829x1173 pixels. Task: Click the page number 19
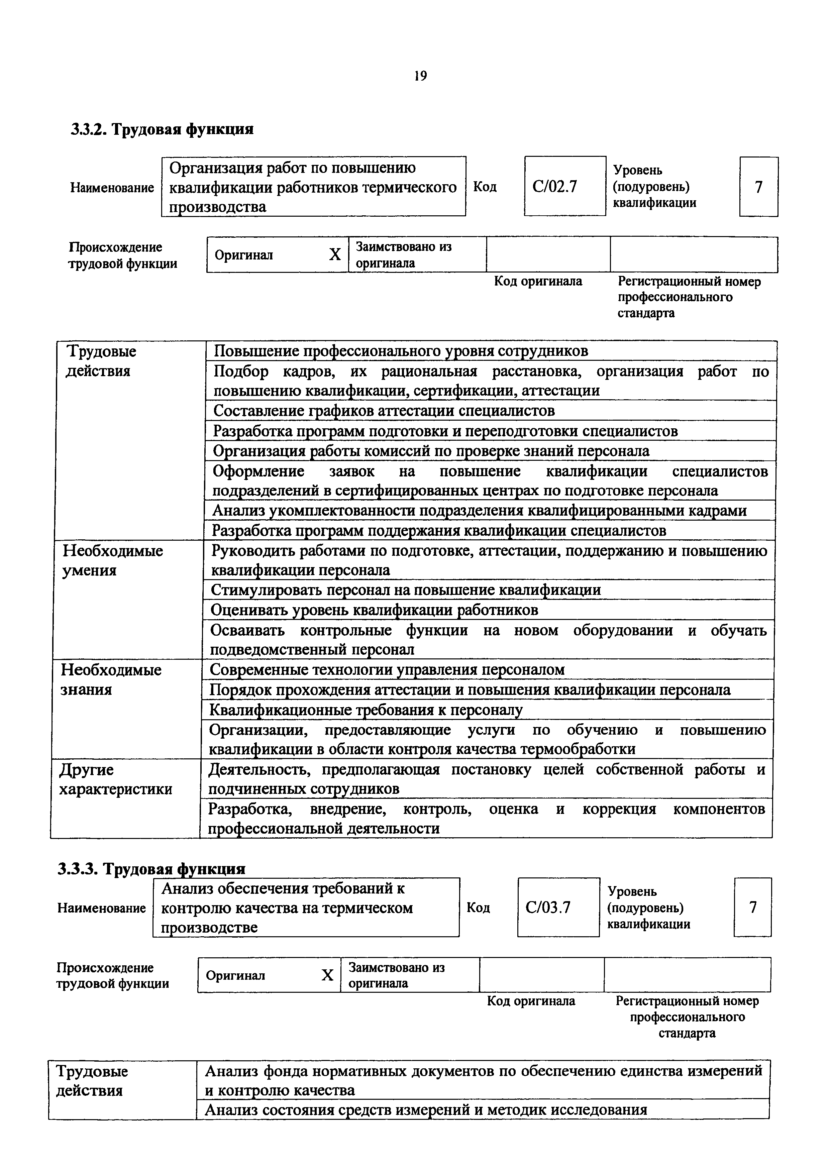coord(420,76)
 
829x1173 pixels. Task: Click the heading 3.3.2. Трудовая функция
coord(162,129)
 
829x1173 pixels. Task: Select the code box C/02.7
coord(564,187)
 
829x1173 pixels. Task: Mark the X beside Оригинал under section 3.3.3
coord(327,975)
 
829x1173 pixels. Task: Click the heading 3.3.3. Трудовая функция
coord(152,868)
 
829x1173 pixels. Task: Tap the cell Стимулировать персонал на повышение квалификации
coord(406,590)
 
